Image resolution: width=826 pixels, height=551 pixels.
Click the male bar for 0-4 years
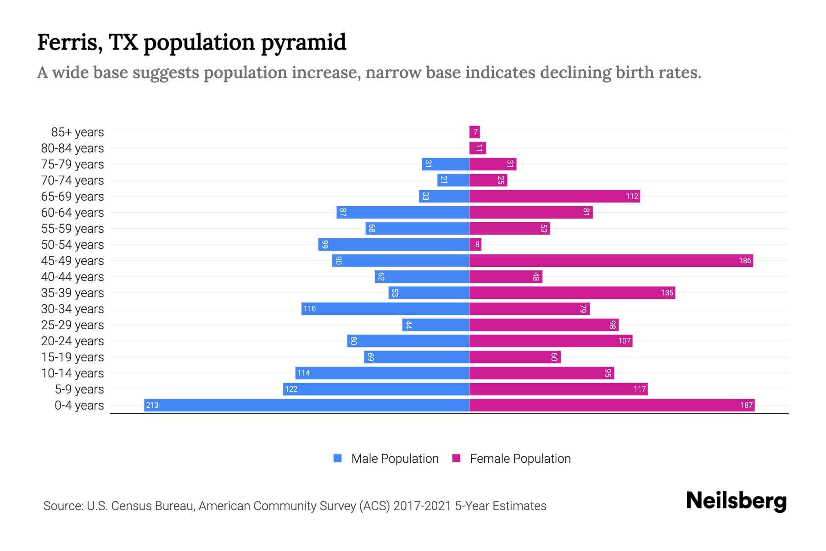click(x=307, y=405)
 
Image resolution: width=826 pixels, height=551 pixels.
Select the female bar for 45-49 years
click(x=611, y=260)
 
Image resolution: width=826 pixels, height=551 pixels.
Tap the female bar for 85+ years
click(x=474, y=132)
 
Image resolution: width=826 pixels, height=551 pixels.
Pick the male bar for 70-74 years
click(x=453, y=180)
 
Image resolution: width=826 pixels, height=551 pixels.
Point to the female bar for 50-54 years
click(x=475, y=244)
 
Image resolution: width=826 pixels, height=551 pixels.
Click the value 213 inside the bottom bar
click(x=152, y=405)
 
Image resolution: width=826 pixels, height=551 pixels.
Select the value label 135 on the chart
click(x=667, y=293)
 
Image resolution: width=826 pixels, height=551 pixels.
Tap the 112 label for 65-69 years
click(x=632, y=197)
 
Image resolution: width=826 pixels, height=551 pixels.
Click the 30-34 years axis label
click(x=73, y=309)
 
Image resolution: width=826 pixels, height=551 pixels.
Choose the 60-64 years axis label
click(x=73, y=213)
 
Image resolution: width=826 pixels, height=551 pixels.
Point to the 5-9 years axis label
click(x=79, y=389)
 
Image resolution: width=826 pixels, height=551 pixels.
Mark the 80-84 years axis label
click(x=73, y=148)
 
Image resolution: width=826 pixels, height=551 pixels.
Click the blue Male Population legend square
click(x=338, y=458)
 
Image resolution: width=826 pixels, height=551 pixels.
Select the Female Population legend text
click(x=520, y=459)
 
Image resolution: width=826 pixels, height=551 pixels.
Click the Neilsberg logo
click(x=736, y=501)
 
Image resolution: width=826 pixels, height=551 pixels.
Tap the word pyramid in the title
click(x=303, y=43)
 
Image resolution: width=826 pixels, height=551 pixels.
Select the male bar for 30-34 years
click(x=385, y=309)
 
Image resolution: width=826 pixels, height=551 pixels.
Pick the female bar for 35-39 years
click(x=572, y=292)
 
